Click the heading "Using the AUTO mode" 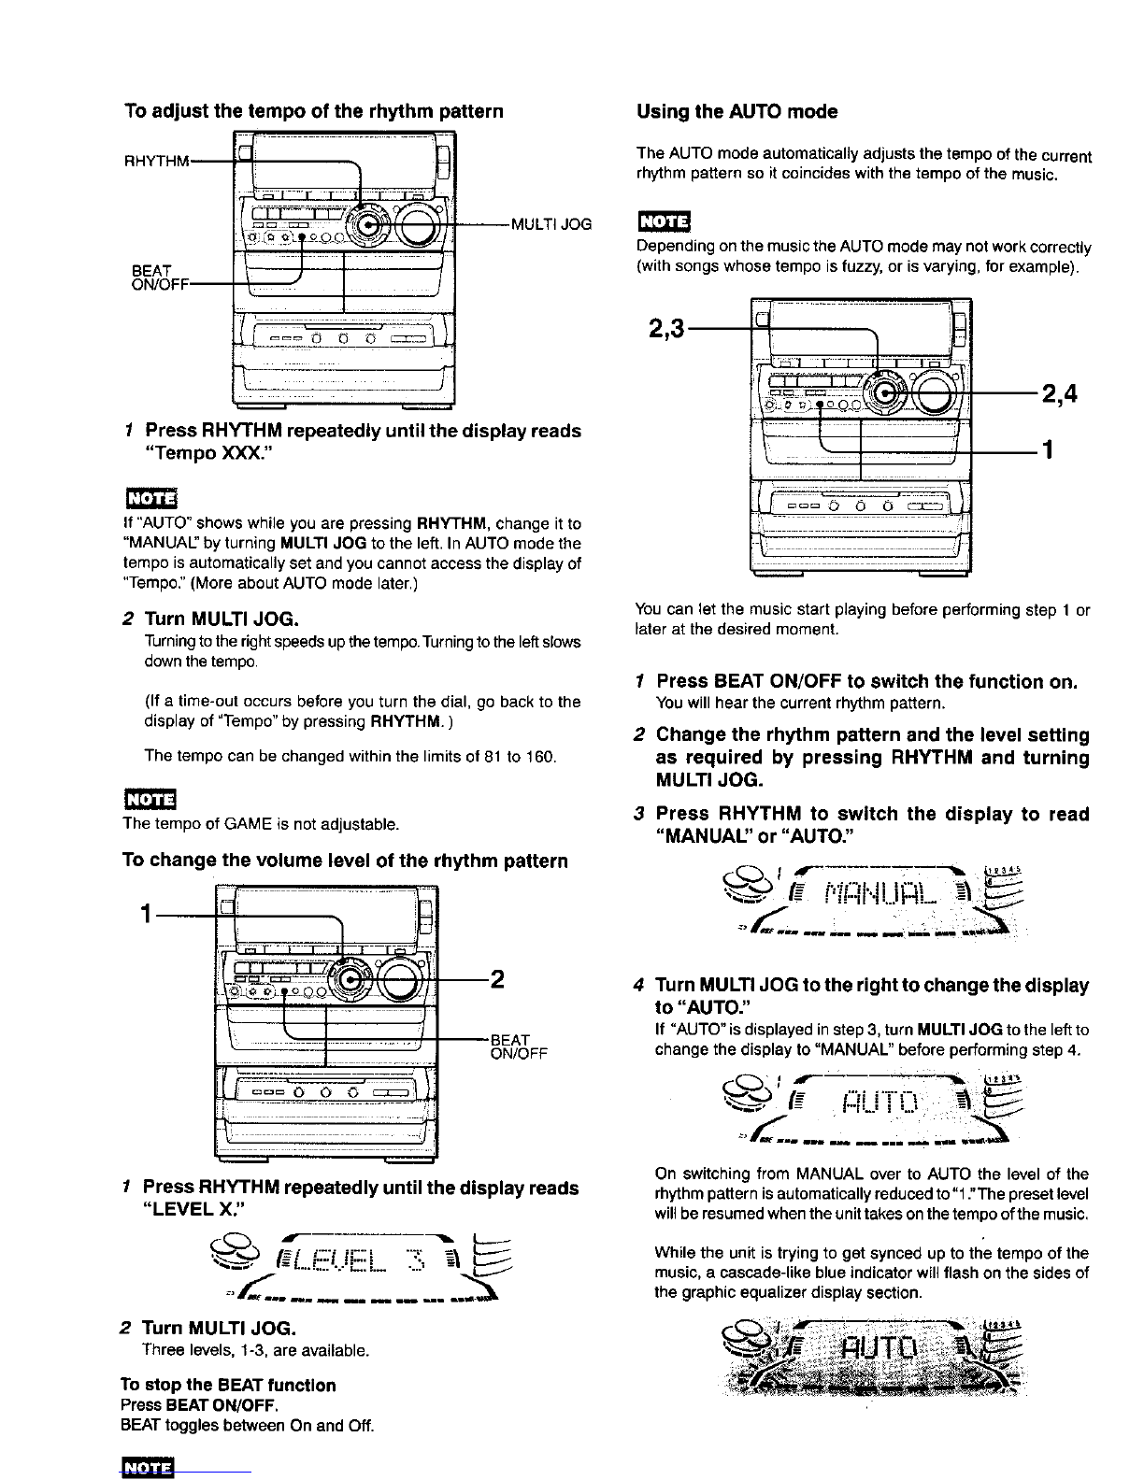click(736, 112)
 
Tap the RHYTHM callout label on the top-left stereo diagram click(156, 162)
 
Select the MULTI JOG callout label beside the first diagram click(551, 225)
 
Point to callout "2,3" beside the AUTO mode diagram click(666, 329)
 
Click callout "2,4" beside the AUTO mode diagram click(1060, 393)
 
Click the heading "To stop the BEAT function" click(228, 1385)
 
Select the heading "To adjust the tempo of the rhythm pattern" click(313, 112)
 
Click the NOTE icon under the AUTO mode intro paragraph click(664, 222)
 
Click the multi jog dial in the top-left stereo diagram click(366, 225)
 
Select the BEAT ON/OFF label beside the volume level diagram click(519, 1046)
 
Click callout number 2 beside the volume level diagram click(497, 979)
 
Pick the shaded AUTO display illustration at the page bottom click(872, 1358)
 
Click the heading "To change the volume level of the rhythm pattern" click(345, 861)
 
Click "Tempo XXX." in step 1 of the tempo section click(208, 453)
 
